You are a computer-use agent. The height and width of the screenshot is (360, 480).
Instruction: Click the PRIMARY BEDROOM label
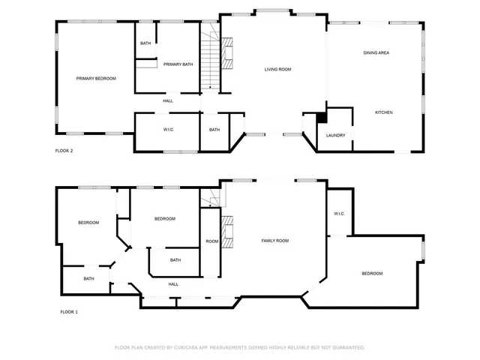point(96,78)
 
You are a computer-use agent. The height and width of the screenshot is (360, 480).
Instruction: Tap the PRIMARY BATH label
point(178,64)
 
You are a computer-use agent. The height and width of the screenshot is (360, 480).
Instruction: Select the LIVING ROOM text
point(277,70)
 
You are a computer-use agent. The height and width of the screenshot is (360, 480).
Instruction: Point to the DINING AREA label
point(376,53)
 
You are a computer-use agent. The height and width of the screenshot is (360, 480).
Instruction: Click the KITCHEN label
point(384,112)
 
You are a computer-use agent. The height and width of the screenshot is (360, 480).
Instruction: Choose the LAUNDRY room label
point(335,135)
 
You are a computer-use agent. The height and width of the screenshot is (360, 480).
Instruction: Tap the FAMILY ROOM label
point(274,241)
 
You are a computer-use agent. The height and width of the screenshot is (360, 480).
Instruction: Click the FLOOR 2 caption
point(64,151)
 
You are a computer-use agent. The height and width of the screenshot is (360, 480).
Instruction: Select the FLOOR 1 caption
point(69,311)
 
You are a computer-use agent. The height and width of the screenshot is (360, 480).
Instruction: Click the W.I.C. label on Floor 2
point(169,130)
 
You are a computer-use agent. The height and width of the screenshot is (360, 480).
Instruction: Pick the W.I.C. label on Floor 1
point(339,214)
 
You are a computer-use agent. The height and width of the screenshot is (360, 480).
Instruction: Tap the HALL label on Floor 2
point(168,100)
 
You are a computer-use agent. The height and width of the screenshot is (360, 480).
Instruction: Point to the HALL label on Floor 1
point(173,284)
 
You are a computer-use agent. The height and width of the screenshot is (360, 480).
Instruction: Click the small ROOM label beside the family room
point(212,241)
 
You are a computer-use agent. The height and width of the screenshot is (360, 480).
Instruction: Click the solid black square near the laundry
point(321,118)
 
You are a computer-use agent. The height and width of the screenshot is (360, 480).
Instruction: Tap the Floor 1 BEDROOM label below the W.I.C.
point(372,274)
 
